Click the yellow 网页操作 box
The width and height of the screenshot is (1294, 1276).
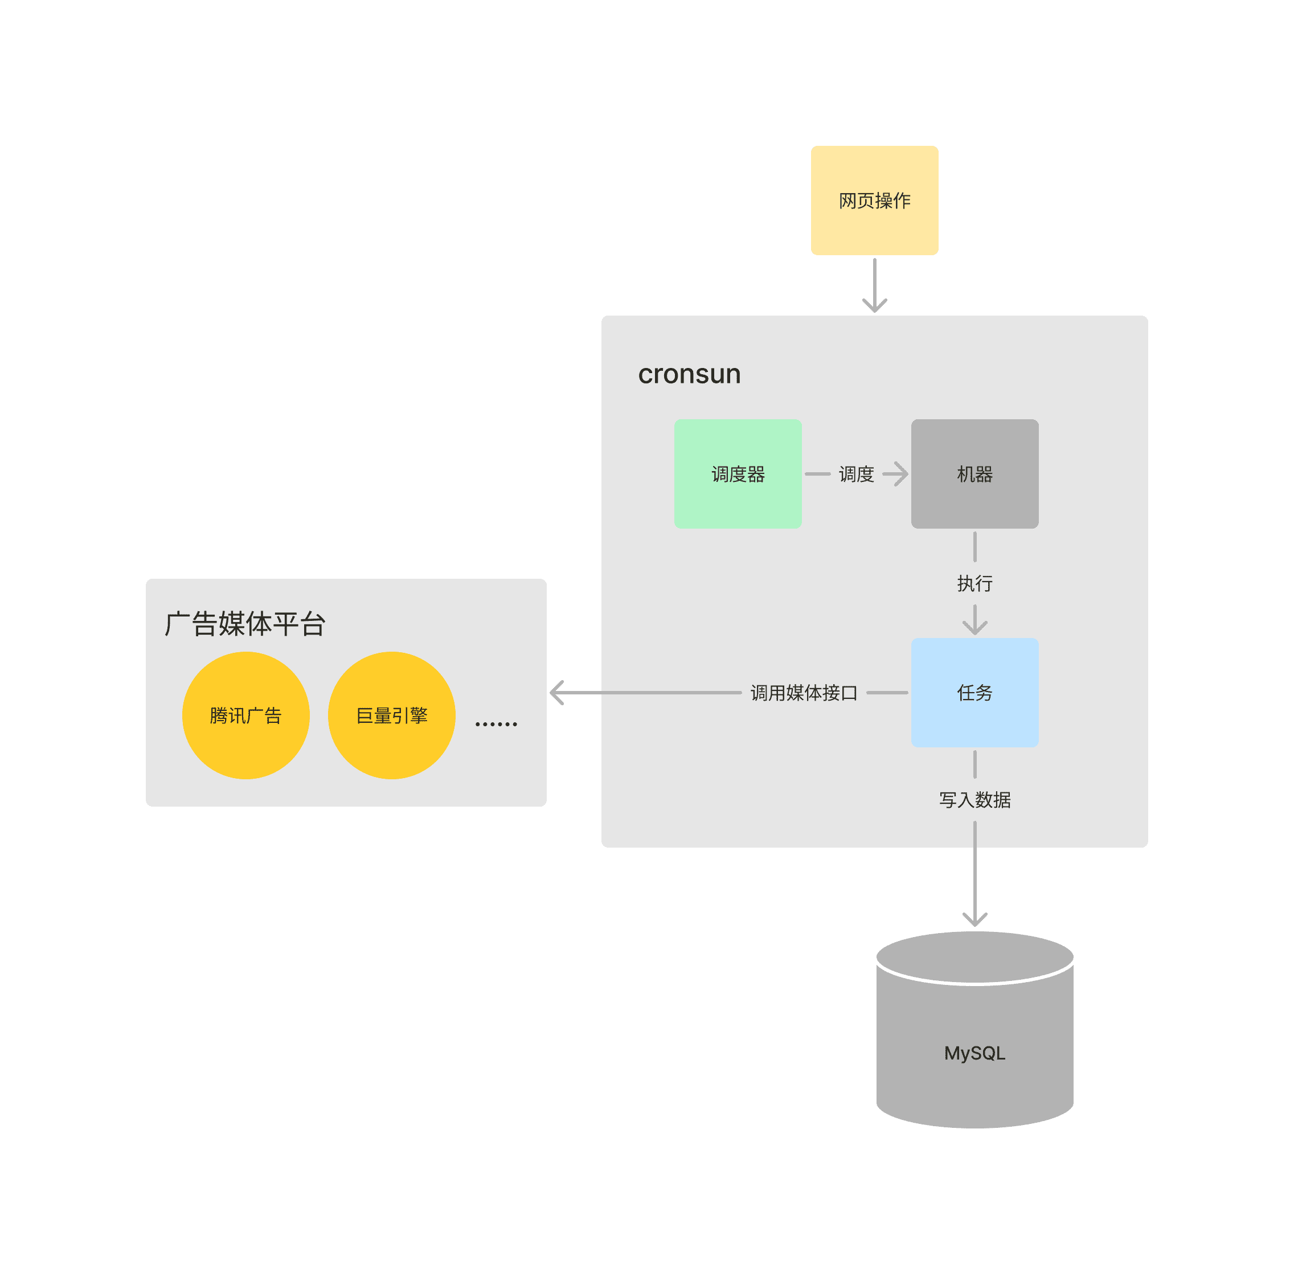tap(874, 201)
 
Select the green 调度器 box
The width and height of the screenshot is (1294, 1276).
tap(738, 473)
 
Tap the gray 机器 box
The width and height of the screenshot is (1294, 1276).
tap(974, 473)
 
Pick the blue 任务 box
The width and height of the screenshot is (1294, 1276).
tap(974, 693)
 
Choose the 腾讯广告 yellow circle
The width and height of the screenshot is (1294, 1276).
tap(246, 715)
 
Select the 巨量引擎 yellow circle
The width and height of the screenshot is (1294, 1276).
tap(392, 715)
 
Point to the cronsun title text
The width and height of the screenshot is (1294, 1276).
tap(689, 374)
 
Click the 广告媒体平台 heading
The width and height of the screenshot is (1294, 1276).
tap(245, 624)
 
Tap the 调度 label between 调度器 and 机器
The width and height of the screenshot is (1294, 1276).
tap(856, 475)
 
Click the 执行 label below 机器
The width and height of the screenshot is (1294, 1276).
tap(974, 583)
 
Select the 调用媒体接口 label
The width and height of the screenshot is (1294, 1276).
tap(804, 693)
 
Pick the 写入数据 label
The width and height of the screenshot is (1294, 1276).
tap(974, 800)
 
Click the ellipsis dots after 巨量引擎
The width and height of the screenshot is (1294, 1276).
tap(496, 723)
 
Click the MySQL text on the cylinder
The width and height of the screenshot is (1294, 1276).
tap(974, 1053)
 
